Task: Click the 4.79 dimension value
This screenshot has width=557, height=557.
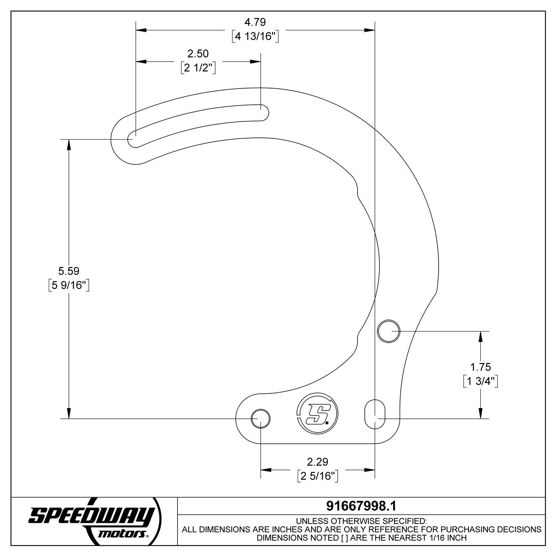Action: tap(255, 22)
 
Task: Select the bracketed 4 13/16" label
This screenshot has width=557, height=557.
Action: tap(255, 36)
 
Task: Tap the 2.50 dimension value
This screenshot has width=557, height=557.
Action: tap(198, 54)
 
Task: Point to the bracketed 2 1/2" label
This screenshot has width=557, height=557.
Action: tap(198, 68)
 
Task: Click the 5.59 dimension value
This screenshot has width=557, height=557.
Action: tap(69, 271)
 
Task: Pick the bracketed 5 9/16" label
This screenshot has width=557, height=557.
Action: tap(69, 285)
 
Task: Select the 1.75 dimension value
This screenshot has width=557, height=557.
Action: tap(480, 367)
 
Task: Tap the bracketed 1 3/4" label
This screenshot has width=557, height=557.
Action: tap(480, 381)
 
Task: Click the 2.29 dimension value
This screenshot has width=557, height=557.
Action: tap(317, 462)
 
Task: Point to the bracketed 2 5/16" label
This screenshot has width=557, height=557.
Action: tap(318, 476)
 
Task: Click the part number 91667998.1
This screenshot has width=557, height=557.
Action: tap(361, 506)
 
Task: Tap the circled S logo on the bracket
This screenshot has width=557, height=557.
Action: tap(317, 414)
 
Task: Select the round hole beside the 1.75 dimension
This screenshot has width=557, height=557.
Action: tap(389, 331)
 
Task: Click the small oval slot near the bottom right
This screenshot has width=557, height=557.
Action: tap(375, 414)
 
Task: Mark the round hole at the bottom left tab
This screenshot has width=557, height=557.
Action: tap(260, 418)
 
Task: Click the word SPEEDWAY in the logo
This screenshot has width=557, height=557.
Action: tap(91, 516)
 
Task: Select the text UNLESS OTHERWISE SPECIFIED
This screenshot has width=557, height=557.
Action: tap(361, 521)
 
